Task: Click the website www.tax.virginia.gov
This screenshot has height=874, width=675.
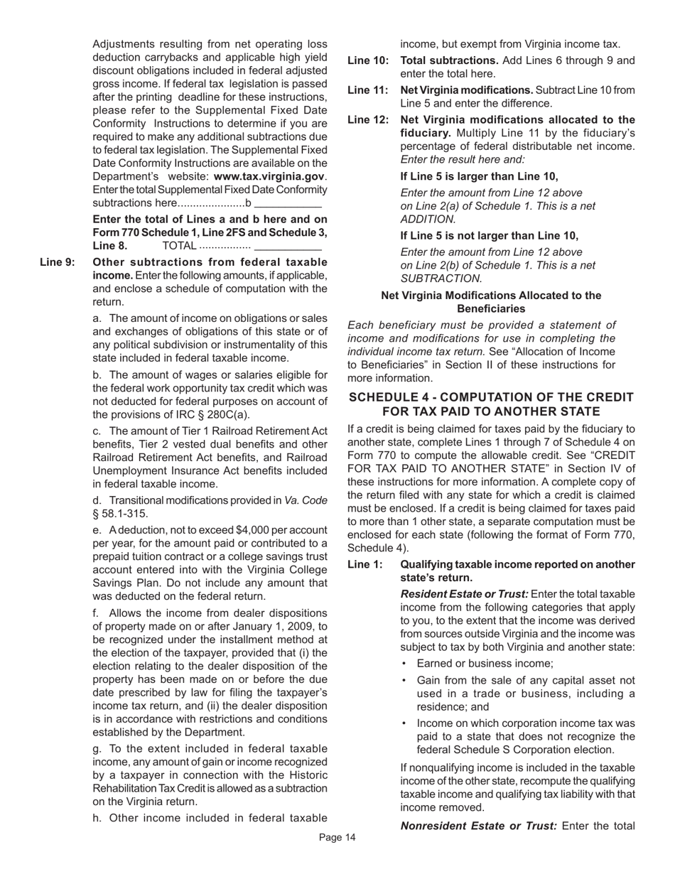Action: pos(269,176)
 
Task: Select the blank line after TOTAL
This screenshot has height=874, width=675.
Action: pos(288,246)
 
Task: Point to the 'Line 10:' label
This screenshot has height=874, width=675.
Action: pos(367,60)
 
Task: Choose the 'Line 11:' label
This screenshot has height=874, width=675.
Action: pos(367,90)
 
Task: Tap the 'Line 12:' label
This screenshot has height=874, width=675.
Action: pos(367,120)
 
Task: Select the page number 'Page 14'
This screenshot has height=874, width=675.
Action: pos(337,838)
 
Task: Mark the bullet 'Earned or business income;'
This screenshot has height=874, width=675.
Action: pos(485,663)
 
